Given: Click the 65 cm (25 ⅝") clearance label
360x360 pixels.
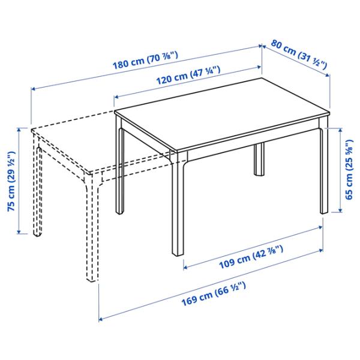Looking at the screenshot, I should click(x=349, y=170).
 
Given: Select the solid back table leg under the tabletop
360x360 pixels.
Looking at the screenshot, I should click(x=259, y=160).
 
